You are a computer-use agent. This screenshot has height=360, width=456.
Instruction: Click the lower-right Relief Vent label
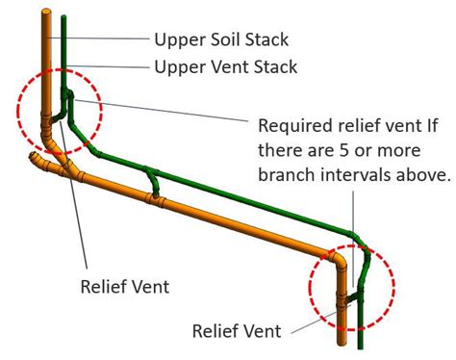[x=237, y=331]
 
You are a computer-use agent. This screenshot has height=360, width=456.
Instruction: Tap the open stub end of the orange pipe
[x=37, y=155]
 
